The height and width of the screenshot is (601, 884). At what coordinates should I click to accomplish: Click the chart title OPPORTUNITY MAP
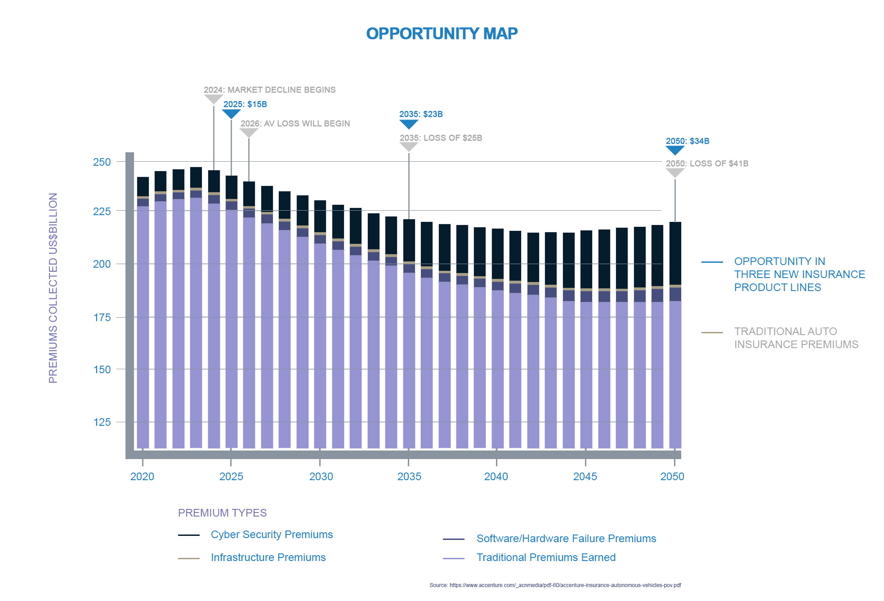click(442, 34)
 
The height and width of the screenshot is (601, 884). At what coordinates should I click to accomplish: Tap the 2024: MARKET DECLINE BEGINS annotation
click(269, 90)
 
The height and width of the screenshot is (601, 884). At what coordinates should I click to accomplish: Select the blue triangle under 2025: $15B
click(231, 114)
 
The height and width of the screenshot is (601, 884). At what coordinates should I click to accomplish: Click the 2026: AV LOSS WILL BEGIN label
click(295, 124)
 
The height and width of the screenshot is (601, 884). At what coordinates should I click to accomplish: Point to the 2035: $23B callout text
click(421, 114)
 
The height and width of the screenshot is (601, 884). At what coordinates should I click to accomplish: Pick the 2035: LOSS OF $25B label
click(441, 138)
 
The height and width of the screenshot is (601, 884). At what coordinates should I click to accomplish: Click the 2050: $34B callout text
click(688, 141)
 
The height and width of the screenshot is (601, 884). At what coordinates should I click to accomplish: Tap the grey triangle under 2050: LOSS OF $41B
click(675, 173)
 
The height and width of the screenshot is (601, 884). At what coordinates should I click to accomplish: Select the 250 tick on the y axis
click(102, 162)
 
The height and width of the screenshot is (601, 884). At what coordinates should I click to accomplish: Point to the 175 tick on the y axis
click(102, 318)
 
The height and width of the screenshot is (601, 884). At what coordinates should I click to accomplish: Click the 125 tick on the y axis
click(102, 422)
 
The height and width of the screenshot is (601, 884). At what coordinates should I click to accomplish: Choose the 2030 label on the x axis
click(321, 477)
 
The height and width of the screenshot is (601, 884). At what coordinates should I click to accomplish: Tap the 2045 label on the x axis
click(585, 477)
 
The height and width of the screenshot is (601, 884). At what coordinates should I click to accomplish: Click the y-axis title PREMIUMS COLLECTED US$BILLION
click(53, 288)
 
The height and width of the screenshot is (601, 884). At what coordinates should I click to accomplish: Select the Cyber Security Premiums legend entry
click(272, 535)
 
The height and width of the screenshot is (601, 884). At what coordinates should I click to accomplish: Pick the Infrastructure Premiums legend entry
click(268, 557)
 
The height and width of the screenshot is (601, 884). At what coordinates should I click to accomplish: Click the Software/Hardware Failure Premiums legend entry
click(566, 539)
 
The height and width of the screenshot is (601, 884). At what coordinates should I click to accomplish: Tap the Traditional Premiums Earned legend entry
click(546, 557)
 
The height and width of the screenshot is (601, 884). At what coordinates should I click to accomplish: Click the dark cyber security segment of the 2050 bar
click(675, 253)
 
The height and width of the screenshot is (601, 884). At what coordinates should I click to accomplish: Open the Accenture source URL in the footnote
click(565, 585)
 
